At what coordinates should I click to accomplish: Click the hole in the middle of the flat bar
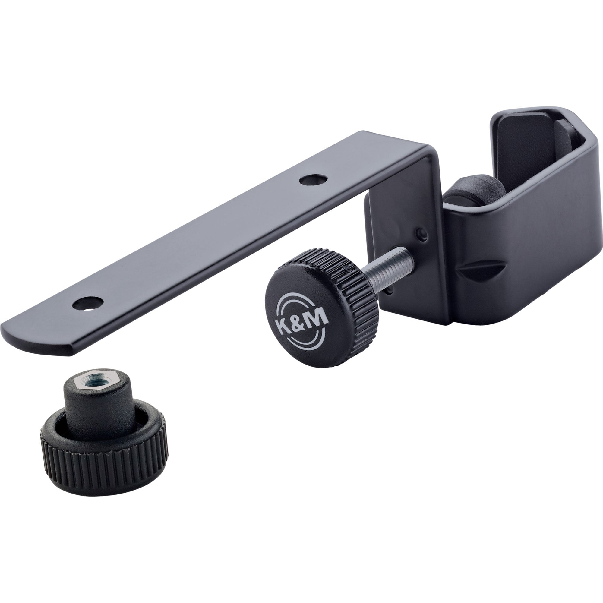coord(313,180)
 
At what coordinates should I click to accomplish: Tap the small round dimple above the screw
coord(422,232)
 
